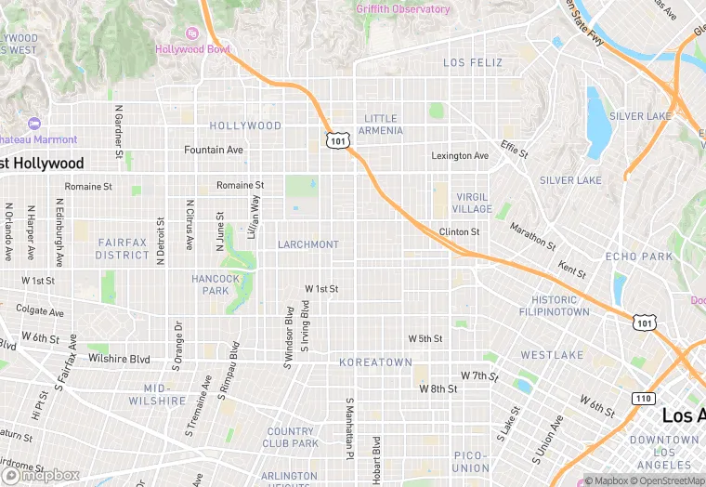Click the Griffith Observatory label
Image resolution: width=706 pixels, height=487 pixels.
point(402,9)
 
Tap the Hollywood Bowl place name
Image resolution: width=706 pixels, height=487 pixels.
point(191,49)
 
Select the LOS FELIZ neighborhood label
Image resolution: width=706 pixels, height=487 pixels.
point(473,63)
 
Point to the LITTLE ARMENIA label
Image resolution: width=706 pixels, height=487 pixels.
point(381,125)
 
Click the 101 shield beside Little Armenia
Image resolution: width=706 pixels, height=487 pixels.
point(337,139)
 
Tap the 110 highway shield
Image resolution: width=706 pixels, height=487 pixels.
point(643,398)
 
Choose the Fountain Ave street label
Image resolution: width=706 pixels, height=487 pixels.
point(213,150)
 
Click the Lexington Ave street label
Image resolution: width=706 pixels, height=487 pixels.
point(459,155)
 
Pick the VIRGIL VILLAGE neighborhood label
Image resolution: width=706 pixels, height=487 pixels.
point(473,204)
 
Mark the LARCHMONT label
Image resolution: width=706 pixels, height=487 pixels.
point(308,244)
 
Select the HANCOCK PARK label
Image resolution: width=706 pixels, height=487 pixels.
point(216,284)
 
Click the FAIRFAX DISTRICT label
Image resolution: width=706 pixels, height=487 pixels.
point(122,248)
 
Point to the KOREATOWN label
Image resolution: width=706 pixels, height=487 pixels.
point(374,362)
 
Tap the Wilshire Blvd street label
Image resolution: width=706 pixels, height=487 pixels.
point(119,358)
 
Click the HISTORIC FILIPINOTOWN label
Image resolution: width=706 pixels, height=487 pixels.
point(560,306)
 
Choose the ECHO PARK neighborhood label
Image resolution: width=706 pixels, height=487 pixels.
point(638,257)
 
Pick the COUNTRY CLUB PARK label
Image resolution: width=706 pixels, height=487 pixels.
point(291,437)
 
